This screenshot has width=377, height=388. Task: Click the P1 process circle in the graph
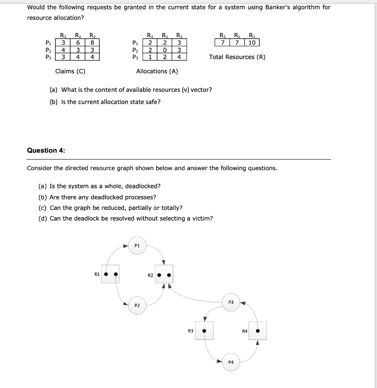137,246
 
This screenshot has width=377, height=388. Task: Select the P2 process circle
137,305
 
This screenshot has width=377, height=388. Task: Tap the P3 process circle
231,302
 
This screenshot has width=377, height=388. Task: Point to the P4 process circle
231,362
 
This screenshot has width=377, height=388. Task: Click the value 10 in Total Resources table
253,42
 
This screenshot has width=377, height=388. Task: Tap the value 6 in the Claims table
77,42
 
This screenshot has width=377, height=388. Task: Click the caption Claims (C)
70,71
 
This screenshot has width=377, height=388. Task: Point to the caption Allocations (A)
157,71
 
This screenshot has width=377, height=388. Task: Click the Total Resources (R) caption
237,57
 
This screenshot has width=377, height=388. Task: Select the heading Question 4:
46,150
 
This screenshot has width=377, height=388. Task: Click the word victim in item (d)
203,219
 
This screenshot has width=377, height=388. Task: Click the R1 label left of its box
97,274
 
